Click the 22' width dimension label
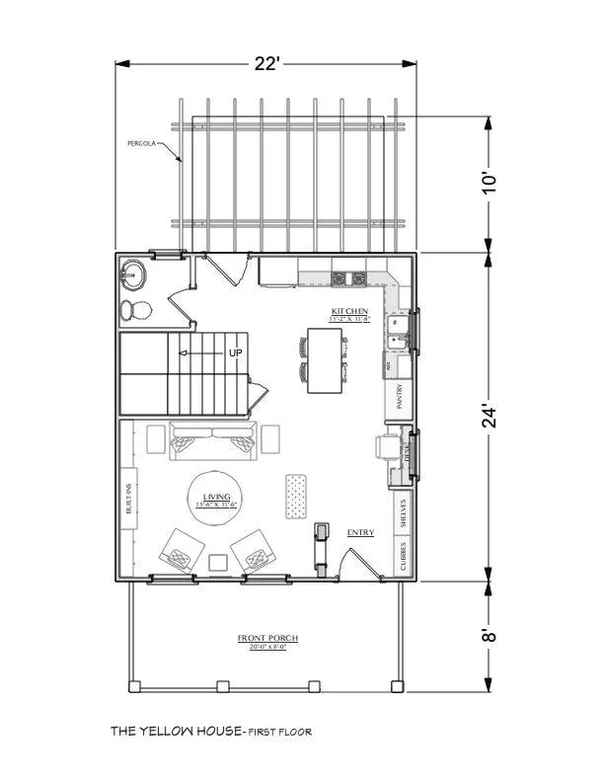[266, 64]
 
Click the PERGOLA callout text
[142, 143]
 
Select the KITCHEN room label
[349, 312]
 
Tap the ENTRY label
[360, 533]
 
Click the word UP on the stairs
[235, 352]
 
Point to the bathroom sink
[131, 273]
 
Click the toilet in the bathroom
[135, 311]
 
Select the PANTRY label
[400, 397]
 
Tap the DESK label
[406, 451]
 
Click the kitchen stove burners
[348, 278]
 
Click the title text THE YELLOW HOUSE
[177, 732]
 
